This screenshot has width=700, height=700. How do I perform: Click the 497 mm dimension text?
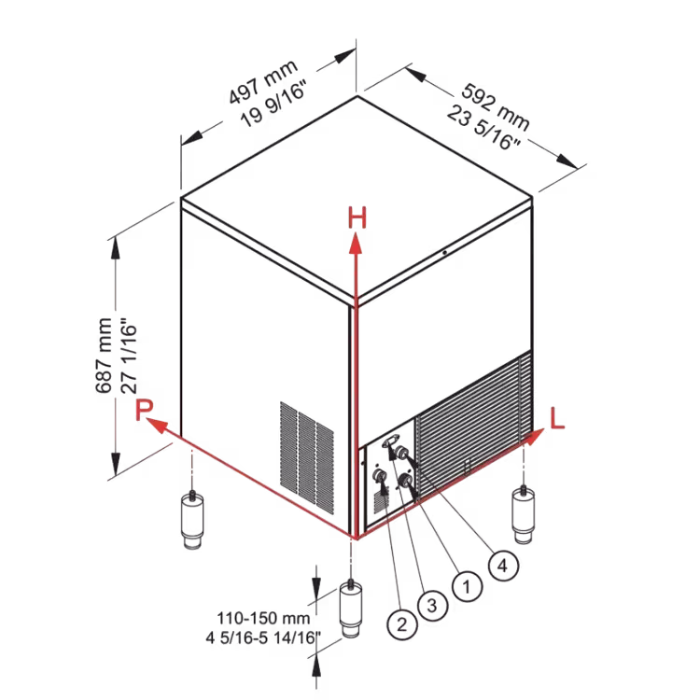click(262, 82)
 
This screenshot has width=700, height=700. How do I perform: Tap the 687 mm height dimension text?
click(104, 356)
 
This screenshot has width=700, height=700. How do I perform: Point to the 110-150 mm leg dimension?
click(263, 618)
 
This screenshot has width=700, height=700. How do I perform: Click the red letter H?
click(357, 217)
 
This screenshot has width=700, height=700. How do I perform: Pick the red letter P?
click(144, 410)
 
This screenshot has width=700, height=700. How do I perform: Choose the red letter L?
click(557, 418)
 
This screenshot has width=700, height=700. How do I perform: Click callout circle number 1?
click(467, 586)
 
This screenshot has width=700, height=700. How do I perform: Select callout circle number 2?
click(401, 624)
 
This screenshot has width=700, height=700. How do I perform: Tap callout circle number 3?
click(432, 606)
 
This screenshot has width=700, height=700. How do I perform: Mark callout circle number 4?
click(503, 566)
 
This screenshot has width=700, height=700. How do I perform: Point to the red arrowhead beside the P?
click(156, 426)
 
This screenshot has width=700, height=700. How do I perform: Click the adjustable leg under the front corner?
click(351, 609)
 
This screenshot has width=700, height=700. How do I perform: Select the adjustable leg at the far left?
click(192, 520)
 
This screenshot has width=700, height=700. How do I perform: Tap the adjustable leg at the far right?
click(524, 515)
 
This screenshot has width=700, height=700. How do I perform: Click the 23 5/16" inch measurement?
click(483, 128)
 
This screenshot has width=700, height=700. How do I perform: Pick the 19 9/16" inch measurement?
click(273, 105)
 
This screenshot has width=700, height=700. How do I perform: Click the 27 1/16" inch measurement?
click(129, 356)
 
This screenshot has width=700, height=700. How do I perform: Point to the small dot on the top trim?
click(444, 253)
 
